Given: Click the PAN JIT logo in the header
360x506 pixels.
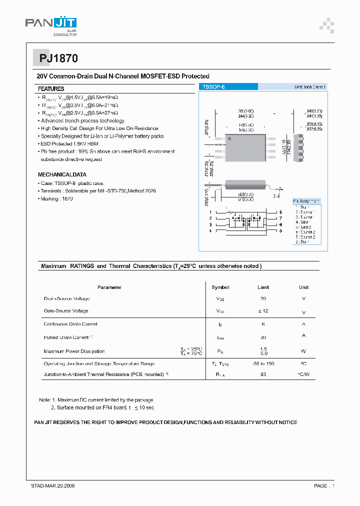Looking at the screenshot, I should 50,24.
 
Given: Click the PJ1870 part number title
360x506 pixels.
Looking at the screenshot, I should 58,58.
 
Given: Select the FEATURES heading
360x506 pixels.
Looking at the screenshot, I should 51,88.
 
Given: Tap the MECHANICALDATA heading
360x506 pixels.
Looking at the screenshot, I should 62,174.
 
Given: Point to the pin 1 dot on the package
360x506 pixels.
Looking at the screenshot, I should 229,138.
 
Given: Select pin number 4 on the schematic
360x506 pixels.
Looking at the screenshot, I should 210,231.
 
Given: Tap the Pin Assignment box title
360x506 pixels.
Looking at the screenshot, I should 306,200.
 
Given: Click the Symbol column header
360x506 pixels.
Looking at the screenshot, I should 220,287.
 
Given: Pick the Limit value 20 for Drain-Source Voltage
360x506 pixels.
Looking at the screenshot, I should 263,298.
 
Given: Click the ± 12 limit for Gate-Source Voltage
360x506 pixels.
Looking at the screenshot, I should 263,311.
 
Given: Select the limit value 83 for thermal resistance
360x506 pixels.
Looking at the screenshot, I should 263,374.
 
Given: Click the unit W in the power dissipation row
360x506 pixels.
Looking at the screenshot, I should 303,351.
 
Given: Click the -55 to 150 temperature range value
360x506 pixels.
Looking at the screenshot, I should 263,363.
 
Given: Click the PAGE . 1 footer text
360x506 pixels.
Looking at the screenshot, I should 324,485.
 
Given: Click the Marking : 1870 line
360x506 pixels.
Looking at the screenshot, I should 57,198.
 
